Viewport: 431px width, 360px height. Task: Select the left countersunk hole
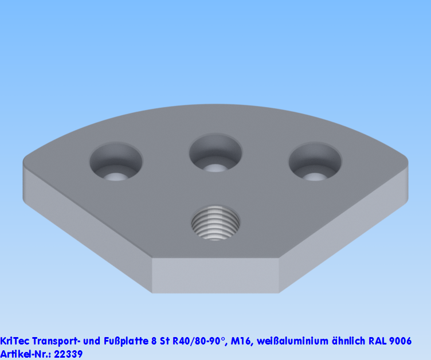[116, 163]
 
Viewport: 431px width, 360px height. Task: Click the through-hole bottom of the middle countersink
[215, 168]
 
